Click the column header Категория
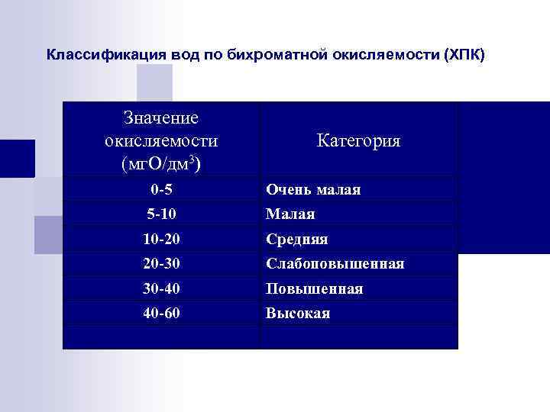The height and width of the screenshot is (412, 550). point(358,141)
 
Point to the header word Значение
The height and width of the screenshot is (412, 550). point(160,118)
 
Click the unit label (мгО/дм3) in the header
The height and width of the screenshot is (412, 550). point(160,163)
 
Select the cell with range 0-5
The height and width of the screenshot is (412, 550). point(161,188)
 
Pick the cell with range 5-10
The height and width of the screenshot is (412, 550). point(161,214)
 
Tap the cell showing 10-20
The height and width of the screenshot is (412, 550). point(161,239)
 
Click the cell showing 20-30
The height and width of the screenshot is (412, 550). point(161,263)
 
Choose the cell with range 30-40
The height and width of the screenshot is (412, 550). point(161,288)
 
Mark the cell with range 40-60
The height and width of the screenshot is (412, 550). point(161,313)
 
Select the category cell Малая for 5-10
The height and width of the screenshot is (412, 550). point(290,214)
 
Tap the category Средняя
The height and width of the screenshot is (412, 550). point(297,240)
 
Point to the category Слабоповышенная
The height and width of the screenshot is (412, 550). point(335,264)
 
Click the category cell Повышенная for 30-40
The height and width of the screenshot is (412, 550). point(314,289)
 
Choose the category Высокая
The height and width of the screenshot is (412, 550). point(298,314)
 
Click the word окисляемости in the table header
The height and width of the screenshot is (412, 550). point(160,141)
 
